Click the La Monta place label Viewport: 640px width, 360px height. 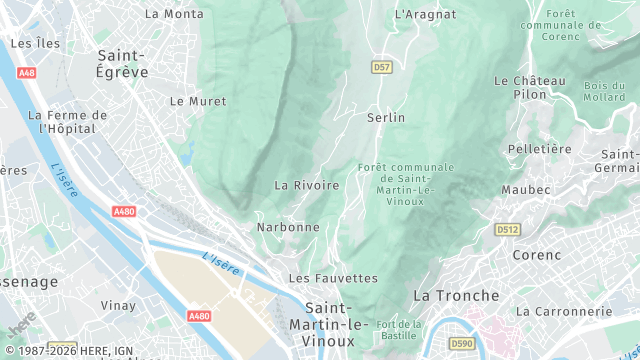(x=174, y=14)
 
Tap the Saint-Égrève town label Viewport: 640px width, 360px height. (x=122, y=63)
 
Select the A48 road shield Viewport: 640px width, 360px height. (x=28, y=72)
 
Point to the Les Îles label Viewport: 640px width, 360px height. (x=35, y=44)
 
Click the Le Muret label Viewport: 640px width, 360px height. (x=198, y=101)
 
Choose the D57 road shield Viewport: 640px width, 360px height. (x=381, y=67)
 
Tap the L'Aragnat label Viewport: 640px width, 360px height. (x=425, y=14)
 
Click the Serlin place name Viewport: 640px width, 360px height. (x=386, y=117)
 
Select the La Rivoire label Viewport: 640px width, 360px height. (x=307, y=185)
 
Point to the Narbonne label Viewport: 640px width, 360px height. (x=288, y=227)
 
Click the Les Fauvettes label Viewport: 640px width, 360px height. (x=333, y=277)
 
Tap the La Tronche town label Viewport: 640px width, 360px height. (x=456, y=296)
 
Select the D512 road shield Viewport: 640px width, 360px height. (x=507, y=230)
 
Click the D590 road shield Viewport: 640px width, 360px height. (x=462, y=344)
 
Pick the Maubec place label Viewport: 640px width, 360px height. (x=526, y=189)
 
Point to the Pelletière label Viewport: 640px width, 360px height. (x=539, y=149)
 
